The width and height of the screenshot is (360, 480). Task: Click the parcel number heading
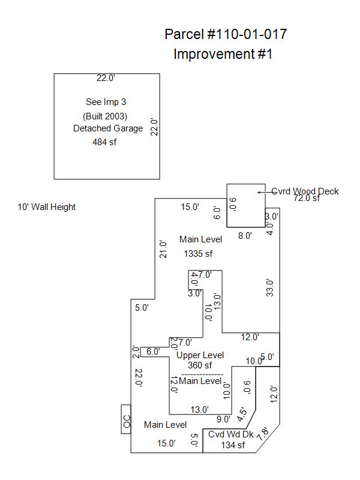tap(225, 34)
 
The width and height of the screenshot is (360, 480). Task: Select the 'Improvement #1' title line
tap(223, 54)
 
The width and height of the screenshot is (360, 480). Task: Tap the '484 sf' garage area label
tap(104, 142)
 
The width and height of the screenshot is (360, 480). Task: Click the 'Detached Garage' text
tap(108, 128)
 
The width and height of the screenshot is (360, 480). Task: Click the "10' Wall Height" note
tap(47, 207)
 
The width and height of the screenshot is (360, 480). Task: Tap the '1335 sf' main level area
tap(198, 254)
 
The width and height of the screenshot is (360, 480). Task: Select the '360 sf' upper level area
tap(200, 365)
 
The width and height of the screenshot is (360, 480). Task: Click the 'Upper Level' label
tap(200, 355)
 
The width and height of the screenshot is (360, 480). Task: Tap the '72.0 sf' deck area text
tap(307, 198)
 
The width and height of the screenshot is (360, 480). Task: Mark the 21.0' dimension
tap(163, 248)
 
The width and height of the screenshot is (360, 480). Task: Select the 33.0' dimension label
tap(270, 287)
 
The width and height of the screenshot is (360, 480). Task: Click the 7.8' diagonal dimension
tap(262, 433)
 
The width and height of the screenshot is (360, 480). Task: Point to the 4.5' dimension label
tap(241, 414)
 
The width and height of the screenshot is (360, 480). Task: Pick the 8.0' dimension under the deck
tap(245, 236)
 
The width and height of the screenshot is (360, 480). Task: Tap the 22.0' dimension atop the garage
tap(106, 78)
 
